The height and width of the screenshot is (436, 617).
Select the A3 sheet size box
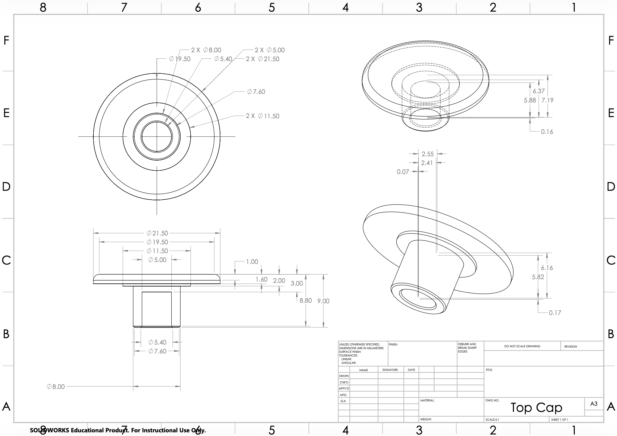coord(594,404)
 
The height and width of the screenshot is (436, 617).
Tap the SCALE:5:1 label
coord(492,419)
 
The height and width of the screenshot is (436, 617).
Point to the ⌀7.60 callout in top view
coord(256,92)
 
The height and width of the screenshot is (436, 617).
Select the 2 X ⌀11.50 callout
coord(263,116)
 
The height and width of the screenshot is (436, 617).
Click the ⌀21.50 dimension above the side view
coord(157,233)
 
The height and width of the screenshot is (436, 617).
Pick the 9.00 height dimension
coord(323,301)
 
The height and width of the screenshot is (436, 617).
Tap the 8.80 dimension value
coord(305,301)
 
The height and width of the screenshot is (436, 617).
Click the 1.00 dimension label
coord(252,262)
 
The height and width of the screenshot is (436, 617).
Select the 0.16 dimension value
coord(547,132)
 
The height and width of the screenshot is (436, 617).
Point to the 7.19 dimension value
coord(547,100)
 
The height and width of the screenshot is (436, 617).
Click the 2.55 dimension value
coord(428,154)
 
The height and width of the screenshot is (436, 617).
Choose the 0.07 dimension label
coord(403,172)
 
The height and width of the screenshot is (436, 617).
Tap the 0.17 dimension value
coord(555,313)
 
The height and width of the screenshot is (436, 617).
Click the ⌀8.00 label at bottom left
coord(56,387)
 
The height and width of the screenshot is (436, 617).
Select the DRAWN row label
coord(344,376)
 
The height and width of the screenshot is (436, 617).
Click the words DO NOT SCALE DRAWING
coord(522,346)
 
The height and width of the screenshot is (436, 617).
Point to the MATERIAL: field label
coord(427,400)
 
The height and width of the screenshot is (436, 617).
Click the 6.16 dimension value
coord(547,268)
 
